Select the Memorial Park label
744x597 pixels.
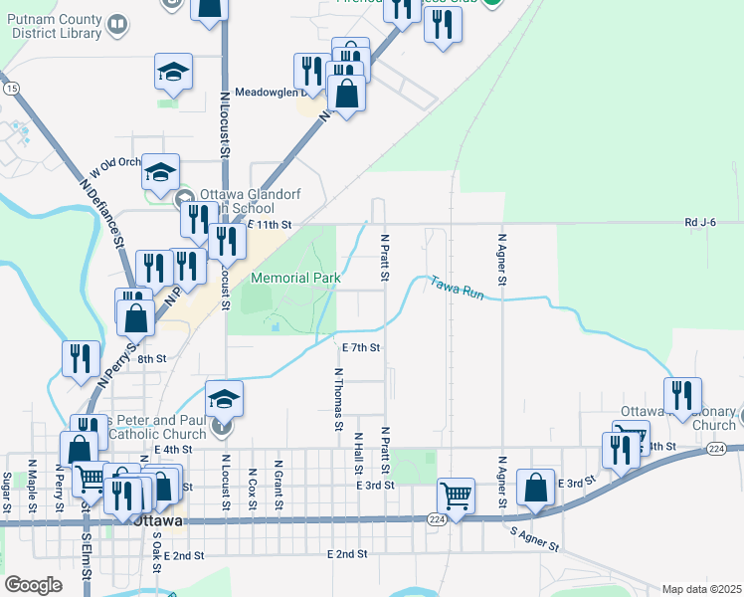point(295,279)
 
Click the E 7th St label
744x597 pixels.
point(361,348)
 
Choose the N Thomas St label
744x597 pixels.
point(338,398)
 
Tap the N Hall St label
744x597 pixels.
point(358,453)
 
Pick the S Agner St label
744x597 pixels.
point(536,541)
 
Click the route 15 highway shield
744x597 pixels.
point(11,89)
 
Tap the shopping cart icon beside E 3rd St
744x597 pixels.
point(456,495)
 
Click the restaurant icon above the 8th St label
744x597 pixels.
point(80,358)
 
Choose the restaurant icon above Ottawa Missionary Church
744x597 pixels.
point(682,395)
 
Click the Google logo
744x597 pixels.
point(33,585)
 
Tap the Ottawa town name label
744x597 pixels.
point(157,520)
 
